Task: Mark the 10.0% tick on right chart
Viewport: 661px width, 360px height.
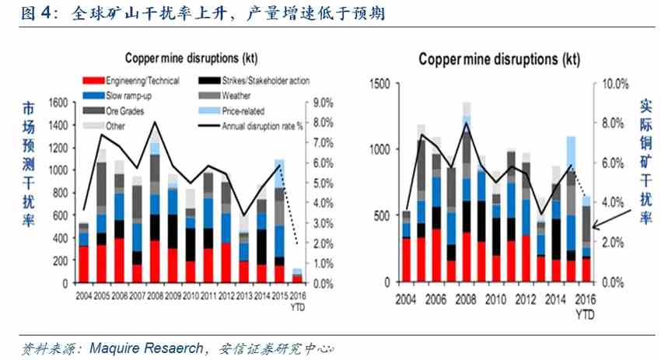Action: click(609, 83)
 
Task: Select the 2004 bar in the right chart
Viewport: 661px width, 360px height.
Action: click(406, 246)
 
